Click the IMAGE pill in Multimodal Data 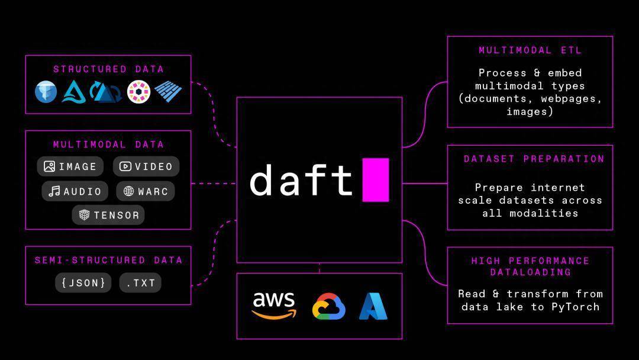70,166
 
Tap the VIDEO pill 146,166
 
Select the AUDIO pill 75,191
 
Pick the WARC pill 146,191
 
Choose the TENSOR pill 108,215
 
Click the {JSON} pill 83,282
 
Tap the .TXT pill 140,282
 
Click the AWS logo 274,306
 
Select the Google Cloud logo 329,306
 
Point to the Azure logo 373,306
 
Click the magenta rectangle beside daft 376,180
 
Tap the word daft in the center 301,180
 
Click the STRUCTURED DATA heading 108,69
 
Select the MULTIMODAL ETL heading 530,50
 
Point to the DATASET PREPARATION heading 534,159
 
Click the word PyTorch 576,307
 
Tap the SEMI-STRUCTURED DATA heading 108,260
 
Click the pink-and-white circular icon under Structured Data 138,92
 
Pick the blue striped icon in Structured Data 168,91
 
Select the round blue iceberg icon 46,92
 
